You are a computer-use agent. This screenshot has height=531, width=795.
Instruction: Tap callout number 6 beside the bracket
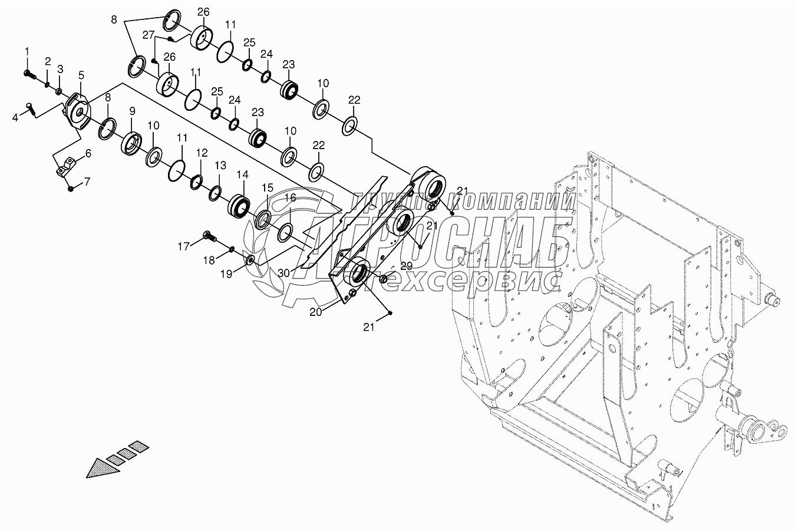point(88,154)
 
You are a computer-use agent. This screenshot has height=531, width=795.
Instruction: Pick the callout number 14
point(243,174)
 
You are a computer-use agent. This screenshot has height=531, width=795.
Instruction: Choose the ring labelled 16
point(284,232)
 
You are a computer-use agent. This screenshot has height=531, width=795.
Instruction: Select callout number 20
point(316,312)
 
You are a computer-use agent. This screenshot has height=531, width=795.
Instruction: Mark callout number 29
point(407,266)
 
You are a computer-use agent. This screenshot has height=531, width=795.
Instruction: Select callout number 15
point(268,187)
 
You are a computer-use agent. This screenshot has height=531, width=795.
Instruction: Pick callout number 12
point(202,153)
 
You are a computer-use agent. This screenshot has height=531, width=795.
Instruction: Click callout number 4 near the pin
point(16,118)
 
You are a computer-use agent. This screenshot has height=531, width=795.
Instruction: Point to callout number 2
point(47,61)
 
